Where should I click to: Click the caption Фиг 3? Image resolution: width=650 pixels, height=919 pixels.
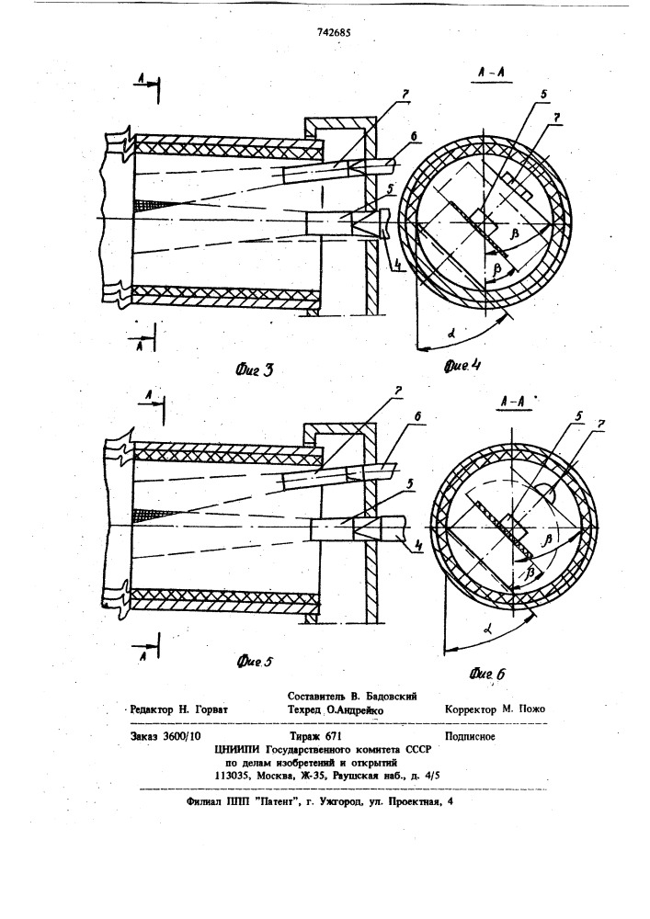tap(253, 370)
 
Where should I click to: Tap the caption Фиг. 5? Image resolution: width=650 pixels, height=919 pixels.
tap(255, 662)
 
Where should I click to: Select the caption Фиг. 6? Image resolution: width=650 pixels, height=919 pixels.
tap(486, 674)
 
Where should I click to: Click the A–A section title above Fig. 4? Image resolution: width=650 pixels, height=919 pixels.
tap(491, 74)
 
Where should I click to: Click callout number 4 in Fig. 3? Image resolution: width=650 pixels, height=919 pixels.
tap(398, 265)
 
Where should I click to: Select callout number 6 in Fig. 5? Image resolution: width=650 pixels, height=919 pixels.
tap(418, 416)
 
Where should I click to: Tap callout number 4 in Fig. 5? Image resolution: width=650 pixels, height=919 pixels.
tap(418, 546)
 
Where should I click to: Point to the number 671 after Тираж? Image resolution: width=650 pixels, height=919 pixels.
tap(332, 736)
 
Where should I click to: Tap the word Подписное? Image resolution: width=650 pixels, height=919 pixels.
tap(470, 737)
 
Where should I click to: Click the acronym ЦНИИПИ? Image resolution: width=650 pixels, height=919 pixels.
tap(238, 750)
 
